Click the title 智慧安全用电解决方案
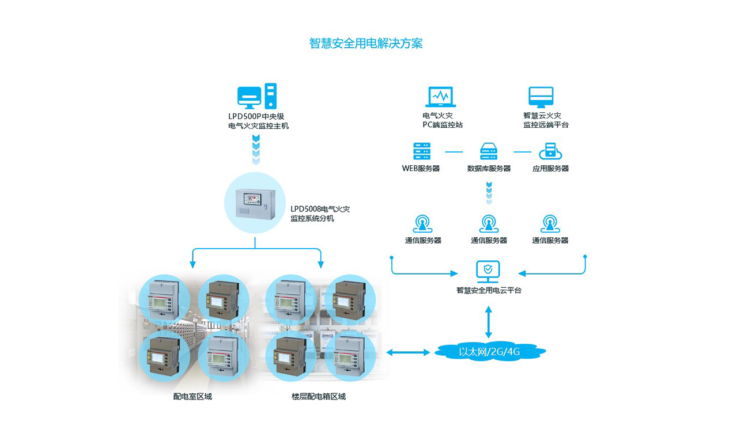(365, 44)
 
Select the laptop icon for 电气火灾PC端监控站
(440, 97)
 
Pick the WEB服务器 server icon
(421, 151)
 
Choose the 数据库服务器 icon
(489, 151)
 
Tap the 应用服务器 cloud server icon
(550, 151)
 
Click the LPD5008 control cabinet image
(255, 203)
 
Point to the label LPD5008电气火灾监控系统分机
(319, 214)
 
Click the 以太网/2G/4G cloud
(489, 351)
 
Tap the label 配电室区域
(192, 397)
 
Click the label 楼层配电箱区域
(319, 397)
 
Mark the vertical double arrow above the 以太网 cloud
(489, 322)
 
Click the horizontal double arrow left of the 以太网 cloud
(408, 352)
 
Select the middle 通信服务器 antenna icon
(489, 223)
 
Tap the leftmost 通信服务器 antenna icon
(422, 223)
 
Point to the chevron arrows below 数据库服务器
(489, 192)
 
